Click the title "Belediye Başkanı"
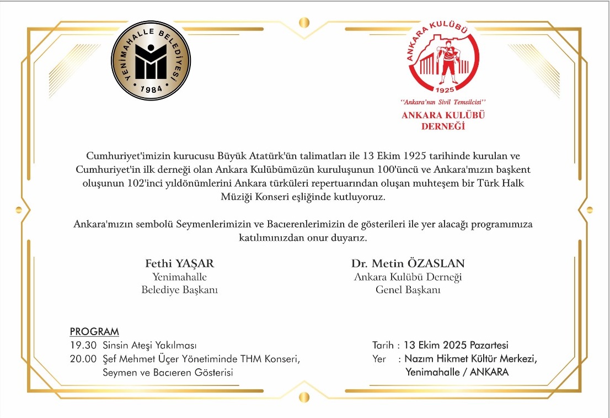click(x=179, y=289)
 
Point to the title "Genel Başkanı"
click(x=408, y=289)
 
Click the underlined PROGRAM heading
click(x=94, y=332)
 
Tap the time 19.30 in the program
click(x=83, y=346)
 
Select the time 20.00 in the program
click(x=83, y=359)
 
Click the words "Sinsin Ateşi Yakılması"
click(x=149, y=346)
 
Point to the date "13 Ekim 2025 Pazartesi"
click(x=456, y=346)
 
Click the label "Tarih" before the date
click(x=384, y=346)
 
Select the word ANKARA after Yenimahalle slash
click(x=488, y=372)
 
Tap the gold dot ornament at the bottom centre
click(x=304, y=396)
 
